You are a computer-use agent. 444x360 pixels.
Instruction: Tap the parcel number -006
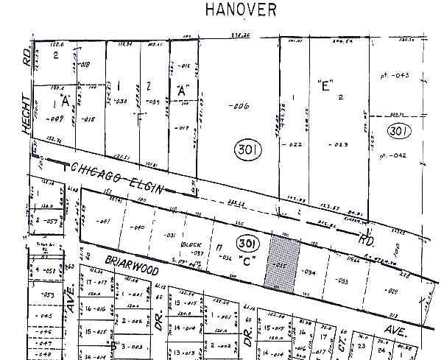[239, 106]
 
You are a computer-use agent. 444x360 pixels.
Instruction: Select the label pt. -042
[393, 155]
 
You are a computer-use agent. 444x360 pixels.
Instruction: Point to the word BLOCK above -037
[196, 244]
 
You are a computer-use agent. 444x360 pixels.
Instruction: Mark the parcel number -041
[103, 220]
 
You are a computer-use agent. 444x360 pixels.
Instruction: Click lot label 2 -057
[46, 220]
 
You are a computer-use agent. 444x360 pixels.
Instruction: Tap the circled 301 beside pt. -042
[399, 132]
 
